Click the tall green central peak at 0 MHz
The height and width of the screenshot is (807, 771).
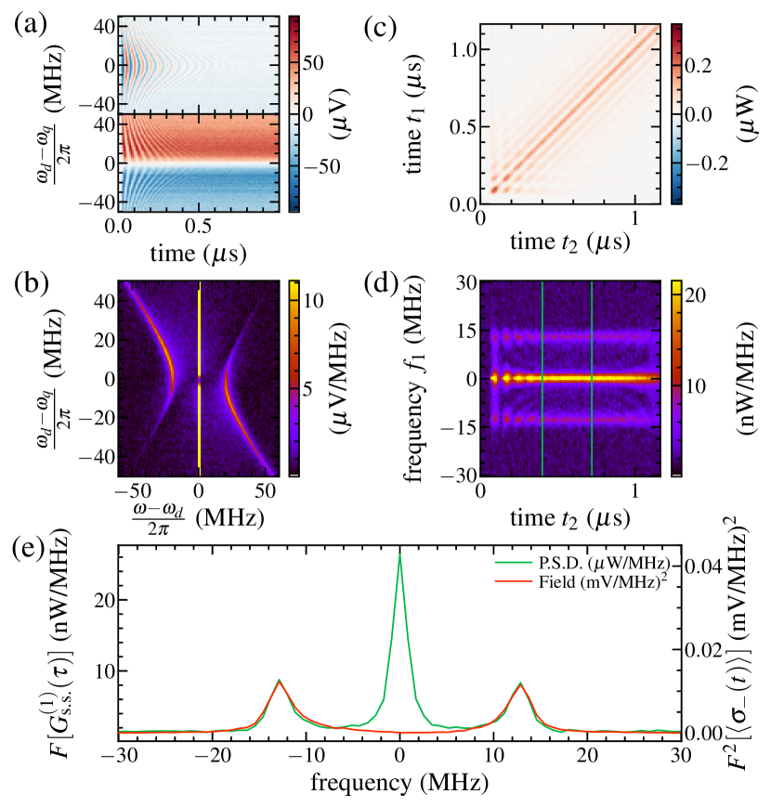[399, 557]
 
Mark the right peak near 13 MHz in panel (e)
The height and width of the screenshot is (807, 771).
[520, 683]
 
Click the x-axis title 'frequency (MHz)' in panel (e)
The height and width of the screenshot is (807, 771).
[399, 783]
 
